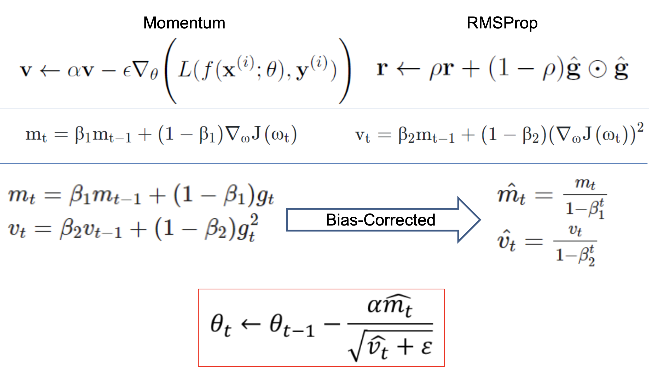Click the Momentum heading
tap(184, 23)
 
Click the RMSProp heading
tap(502, 23)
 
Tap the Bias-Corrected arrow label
tap(380, 220)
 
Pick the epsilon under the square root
tap(426, 347)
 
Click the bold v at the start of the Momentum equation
tap(26, 70)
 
